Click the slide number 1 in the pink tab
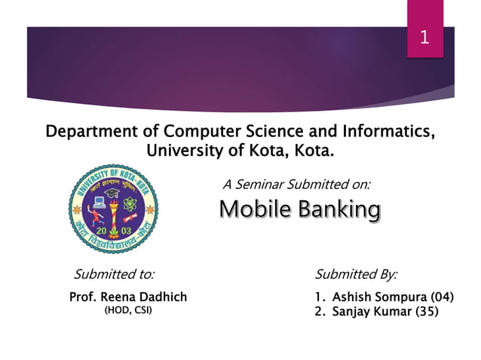tap(424, 36)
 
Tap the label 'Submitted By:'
tap(355, 273)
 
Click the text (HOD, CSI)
tap(127, 310)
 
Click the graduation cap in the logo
tap(112, 194)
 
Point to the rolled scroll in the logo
tap(130, 218)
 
